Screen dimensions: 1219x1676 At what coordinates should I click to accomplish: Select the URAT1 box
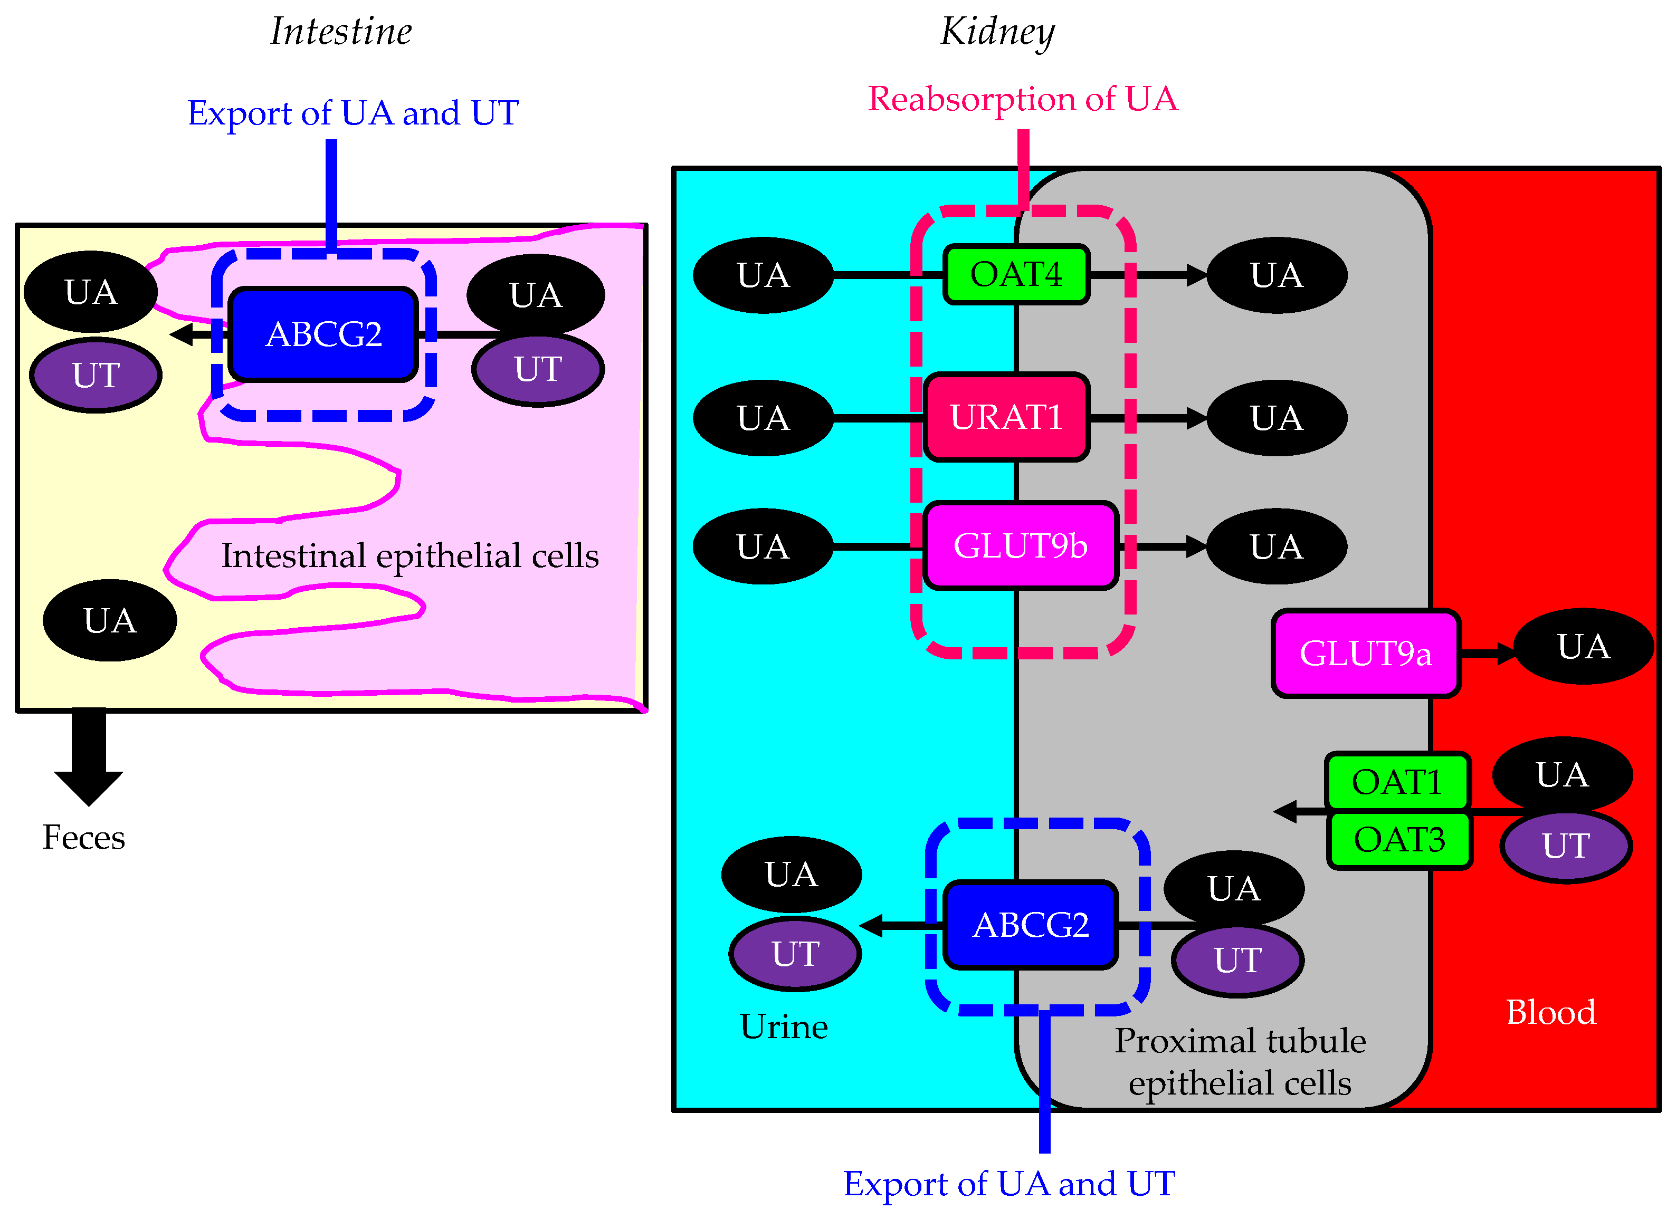pos(1006,417)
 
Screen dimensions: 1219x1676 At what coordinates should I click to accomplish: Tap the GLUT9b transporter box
pos(1021,546)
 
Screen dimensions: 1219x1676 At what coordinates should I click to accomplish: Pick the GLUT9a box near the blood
pos(1366,653)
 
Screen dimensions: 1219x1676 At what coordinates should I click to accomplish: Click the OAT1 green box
pos(1397,782)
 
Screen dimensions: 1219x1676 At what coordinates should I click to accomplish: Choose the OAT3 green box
pos(1399,840)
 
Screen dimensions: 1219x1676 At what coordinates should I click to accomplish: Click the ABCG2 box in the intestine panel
pos(323,334)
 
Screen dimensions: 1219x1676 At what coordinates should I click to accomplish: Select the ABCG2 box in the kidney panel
pos(1031,925)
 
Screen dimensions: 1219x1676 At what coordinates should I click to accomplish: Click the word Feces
pos(83,838)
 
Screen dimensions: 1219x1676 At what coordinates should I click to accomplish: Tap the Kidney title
pos(997,32)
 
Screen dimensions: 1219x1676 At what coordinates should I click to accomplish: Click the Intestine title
pos(341,32)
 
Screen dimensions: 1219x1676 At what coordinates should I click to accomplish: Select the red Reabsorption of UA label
pos(1023,99)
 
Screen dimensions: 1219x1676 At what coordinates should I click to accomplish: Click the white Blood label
pos(1550,1012)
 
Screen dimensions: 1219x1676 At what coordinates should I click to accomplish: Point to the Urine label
pos(783,1027)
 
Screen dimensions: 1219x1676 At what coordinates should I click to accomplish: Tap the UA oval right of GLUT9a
pos(1583,647)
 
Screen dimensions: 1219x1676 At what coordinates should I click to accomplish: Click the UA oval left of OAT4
pos(764,275)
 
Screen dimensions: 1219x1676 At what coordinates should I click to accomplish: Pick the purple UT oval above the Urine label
pos(795,954)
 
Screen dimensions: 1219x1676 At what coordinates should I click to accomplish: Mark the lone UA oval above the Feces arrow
pos(110,621)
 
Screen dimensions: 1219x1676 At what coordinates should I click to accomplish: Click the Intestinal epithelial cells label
pos(410,555)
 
